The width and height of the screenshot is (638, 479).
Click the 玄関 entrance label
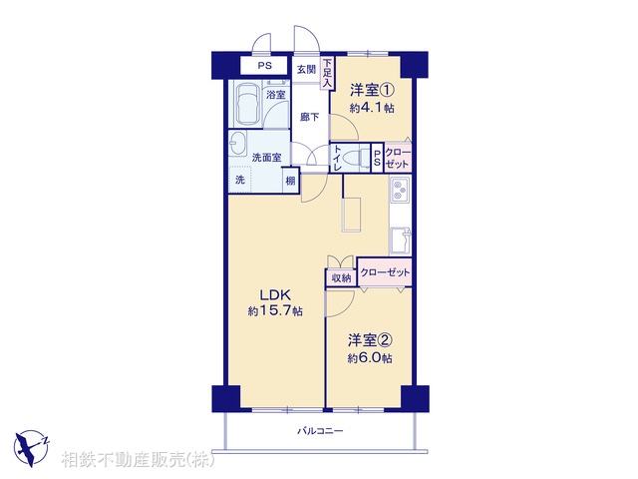(x=306, y=70)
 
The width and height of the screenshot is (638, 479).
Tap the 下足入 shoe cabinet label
(x=326, y=75)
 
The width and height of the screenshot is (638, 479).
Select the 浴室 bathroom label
(x=275, y=94)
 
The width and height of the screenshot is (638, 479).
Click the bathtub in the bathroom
(x=247, y=104)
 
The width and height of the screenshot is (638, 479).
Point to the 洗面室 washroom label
(x=265, y=157)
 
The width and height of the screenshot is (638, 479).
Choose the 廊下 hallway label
(x=310, y=117)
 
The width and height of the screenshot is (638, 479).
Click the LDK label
(x=275, y=294)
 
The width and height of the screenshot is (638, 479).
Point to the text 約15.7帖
(x=275, y=311)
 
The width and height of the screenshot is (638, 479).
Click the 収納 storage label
(x=341, y=277)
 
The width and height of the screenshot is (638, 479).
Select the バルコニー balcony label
(x=319, y=431)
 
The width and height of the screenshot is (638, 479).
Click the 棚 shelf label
(x=290, y=181)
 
